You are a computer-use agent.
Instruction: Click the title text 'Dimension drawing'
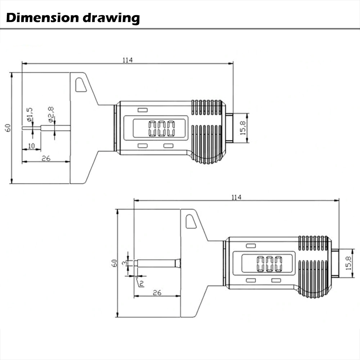73,17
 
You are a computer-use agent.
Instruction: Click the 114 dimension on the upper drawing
127,60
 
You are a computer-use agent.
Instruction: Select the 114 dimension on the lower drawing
236,197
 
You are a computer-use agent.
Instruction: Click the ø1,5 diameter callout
30,114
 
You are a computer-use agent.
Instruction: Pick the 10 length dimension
31,145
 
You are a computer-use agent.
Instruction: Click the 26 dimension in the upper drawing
46,158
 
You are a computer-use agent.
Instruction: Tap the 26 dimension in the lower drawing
157,293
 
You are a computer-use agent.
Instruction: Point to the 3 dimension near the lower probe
124,263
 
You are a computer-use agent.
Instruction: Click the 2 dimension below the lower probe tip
141,283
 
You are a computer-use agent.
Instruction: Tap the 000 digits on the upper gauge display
162,129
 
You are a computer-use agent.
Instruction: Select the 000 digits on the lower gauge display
269,264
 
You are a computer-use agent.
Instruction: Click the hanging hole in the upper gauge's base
80,85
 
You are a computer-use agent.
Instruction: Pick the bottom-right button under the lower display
276,280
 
